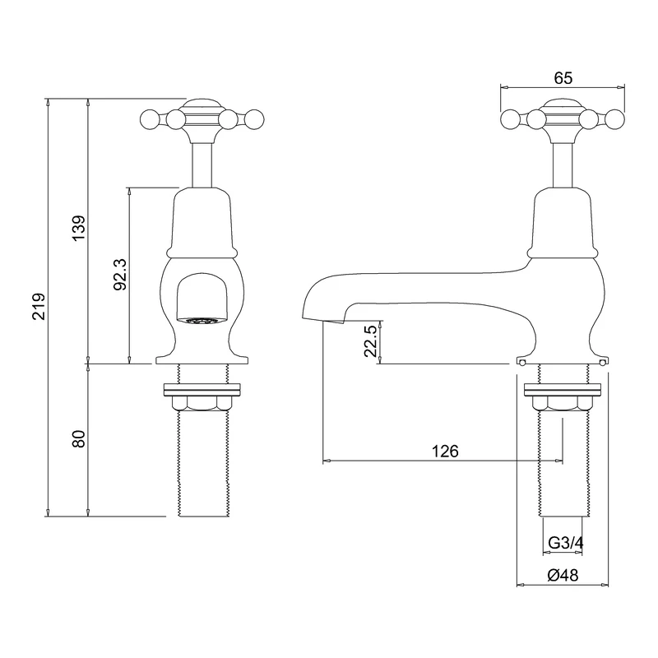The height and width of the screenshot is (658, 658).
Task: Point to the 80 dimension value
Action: pyautogui.click(x=78, y=439)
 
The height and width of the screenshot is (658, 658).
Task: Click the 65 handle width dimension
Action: pyautogui.click(x=563, y=78)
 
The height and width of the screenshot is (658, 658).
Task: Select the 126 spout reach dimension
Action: pyautogui.click(x=444, y=452)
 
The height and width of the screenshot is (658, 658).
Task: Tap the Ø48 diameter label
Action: pyautogui.click(x=562, y=576)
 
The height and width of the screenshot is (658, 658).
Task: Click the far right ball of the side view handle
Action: pyautogui.click(x=614, y=121)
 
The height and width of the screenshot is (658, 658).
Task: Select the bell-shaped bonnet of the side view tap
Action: pyautogui.click(x=563, y=220)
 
